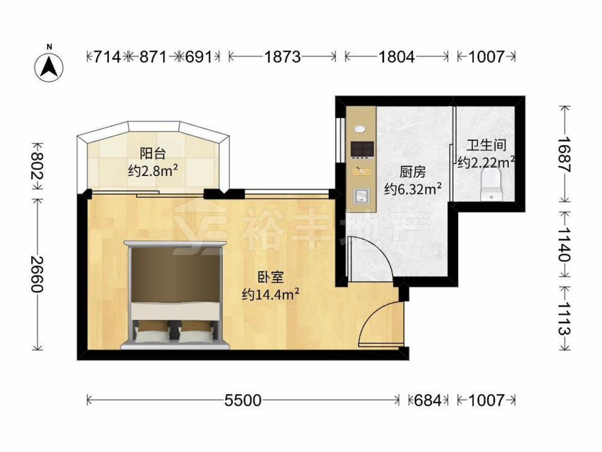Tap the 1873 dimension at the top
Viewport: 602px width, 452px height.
(282, 57)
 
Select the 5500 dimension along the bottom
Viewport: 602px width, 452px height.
(243, 401)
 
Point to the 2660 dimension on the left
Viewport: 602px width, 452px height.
(37, 274)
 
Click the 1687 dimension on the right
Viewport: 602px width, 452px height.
(564, 154)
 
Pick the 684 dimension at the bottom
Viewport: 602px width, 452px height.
(428, 401)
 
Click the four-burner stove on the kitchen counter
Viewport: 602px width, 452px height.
(362, 150)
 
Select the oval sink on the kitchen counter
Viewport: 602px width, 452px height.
(360, 129)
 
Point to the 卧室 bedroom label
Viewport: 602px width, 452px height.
(271, 277)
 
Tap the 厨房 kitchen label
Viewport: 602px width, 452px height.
(413, 172)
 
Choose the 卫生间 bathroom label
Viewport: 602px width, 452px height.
(486, 145)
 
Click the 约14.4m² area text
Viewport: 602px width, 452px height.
(271, 295)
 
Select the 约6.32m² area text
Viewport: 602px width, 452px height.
(413, 189)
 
